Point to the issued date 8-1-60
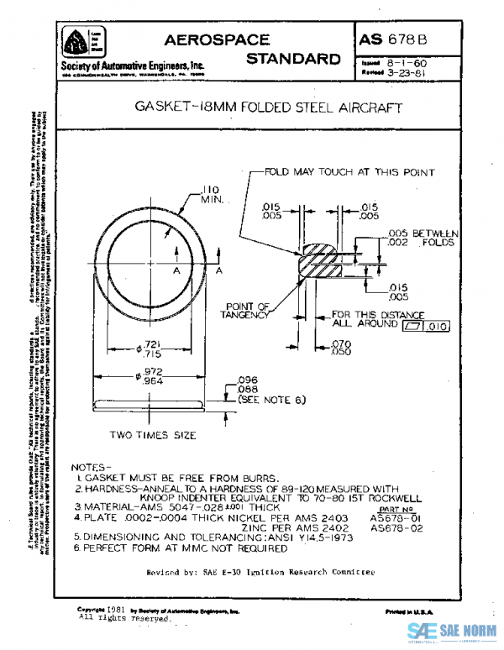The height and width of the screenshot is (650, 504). [407, 62]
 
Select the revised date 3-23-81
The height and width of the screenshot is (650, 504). [407, 72]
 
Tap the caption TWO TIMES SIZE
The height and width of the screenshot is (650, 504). [153, 436]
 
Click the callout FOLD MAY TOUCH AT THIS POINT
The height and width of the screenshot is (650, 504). [349, 172]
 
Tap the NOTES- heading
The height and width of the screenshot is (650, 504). [92, 466]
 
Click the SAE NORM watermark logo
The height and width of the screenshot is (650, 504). [454, 632]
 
